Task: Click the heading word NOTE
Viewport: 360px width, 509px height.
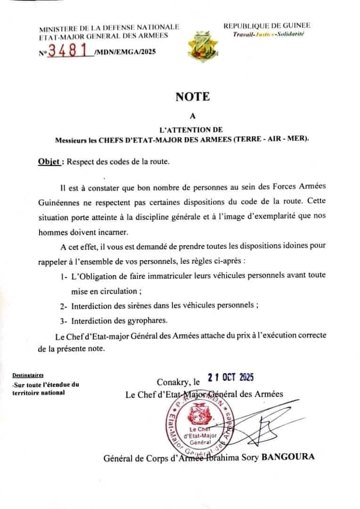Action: click(x=192, y=97)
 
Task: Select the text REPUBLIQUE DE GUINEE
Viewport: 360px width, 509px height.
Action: click(x=267, y=26)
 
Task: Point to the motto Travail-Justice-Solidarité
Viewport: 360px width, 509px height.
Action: click(x=269, y=34)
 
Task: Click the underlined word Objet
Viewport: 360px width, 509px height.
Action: click(x=49, y=161)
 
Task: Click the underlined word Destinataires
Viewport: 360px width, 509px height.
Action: click(x=27, y=376)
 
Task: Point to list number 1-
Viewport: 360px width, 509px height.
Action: click(x=64, y=275)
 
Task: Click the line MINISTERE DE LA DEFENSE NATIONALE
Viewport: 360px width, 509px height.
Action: click(x=109, y=28)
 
